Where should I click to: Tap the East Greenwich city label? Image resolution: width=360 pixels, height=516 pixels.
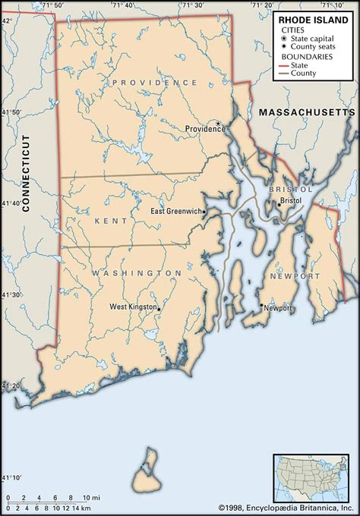coord(176,211)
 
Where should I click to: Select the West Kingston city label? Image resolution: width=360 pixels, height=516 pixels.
coord(131,307)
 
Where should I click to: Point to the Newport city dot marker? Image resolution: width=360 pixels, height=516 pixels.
coord(262,306)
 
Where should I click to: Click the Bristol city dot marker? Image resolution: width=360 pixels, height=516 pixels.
coord(277,201)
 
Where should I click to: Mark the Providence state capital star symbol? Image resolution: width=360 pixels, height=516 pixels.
coord(218,123)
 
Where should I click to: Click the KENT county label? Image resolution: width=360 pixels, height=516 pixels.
coord(112,220)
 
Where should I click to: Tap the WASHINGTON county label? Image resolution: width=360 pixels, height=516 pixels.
coord(137,272)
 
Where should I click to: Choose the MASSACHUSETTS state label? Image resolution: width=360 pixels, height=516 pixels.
coord(306,112)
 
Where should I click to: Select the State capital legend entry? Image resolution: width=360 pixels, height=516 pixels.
coord(316,39)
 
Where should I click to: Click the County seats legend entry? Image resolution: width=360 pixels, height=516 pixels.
coord(316,47)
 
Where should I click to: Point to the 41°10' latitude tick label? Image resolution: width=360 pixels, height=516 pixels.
coord(10,477)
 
